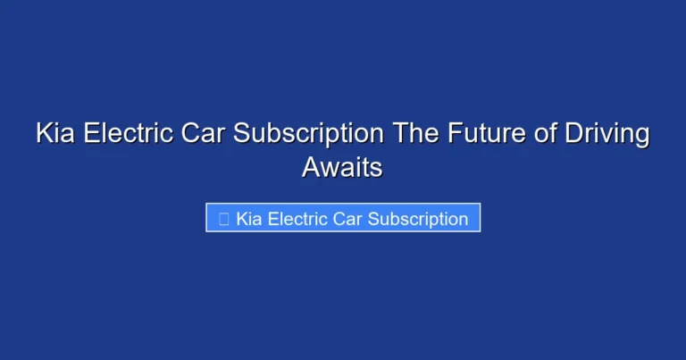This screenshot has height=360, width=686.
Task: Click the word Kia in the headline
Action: (56, 134)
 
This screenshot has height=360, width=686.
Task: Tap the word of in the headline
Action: (539, 134)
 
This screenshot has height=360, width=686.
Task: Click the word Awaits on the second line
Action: (343, 167)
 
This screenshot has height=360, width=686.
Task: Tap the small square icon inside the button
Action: (223, 219)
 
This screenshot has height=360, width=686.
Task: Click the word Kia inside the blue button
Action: (250, 219)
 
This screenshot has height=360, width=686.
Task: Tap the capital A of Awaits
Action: (311, 167)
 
